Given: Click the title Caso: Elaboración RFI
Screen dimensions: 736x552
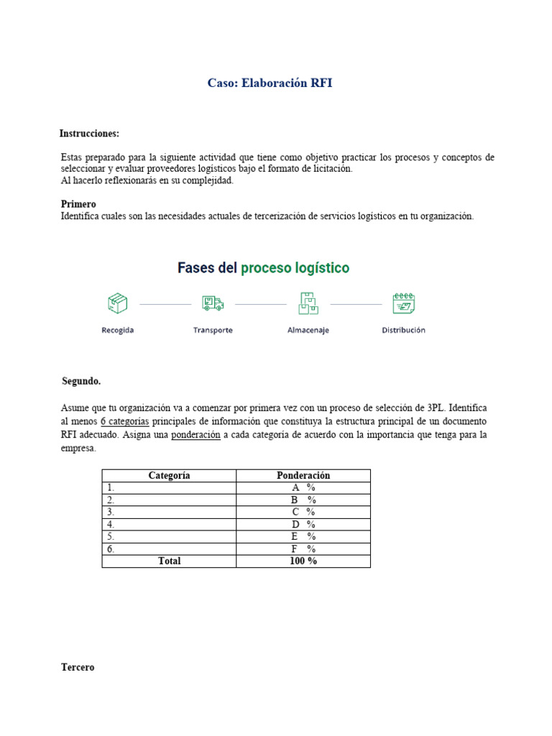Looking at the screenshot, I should tap(270, 83).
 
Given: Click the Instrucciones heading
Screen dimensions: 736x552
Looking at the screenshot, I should tap(89, 134).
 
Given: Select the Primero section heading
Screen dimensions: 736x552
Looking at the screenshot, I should tap(78, 204).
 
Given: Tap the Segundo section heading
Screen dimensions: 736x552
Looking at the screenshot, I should tap(81, 381).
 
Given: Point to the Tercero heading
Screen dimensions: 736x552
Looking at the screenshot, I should tap(78, 667).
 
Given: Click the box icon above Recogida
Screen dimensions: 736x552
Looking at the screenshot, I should tap(117, 303).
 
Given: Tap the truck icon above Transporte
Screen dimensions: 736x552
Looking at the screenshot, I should tap(213, 303).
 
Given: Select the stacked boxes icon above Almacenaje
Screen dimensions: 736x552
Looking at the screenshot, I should tap(308, 303).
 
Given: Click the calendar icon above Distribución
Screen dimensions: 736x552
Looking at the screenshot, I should tap(403, 303).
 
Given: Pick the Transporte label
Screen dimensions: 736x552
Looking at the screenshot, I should tap(213, 331).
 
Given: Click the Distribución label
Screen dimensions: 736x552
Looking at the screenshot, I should tap(403, 331).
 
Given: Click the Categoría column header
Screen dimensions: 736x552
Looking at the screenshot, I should tap(169, 476).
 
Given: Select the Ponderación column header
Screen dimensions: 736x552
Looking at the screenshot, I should tap(303, 476).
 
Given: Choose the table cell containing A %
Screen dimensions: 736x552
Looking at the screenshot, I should tap(303, 487).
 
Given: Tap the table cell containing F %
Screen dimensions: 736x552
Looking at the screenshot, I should tap(303, 548).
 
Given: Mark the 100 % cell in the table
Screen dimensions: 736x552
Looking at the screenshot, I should tap(303, 561).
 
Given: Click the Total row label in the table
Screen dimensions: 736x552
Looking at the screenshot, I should tap(169, 561).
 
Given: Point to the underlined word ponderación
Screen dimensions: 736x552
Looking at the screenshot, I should tap(195, 435).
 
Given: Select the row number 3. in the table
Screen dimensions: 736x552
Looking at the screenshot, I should tap(111, 512).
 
